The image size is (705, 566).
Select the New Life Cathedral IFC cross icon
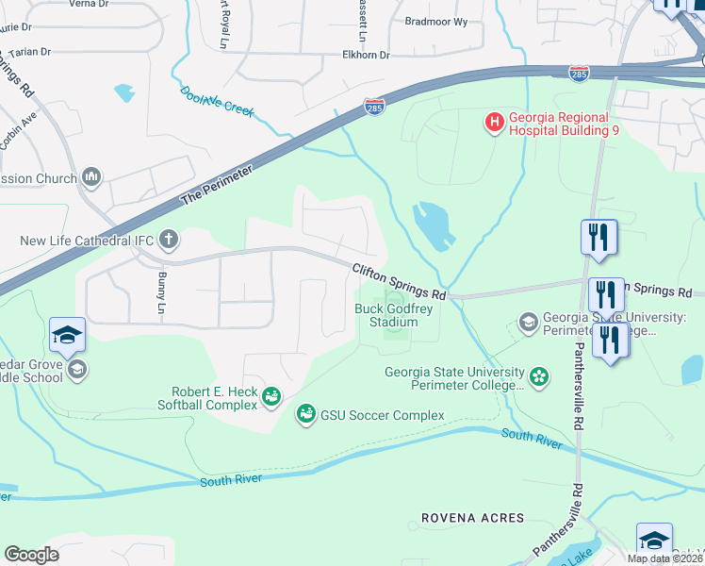[169, 240]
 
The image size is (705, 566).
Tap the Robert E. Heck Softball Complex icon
[271, 397]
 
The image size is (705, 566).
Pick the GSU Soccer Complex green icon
[305, 413]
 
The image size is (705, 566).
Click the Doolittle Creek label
[217, 102]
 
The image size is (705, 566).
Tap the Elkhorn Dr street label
[366, 56]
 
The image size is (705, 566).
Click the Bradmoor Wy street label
[434, 20]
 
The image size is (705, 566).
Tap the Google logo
[31, 555]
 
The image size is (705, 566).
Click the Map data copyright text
[664, 558]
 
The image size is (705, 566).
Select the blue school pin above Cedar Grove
[68, 336]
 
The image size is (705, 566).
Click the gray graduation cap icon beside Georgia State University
[528, 323]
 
